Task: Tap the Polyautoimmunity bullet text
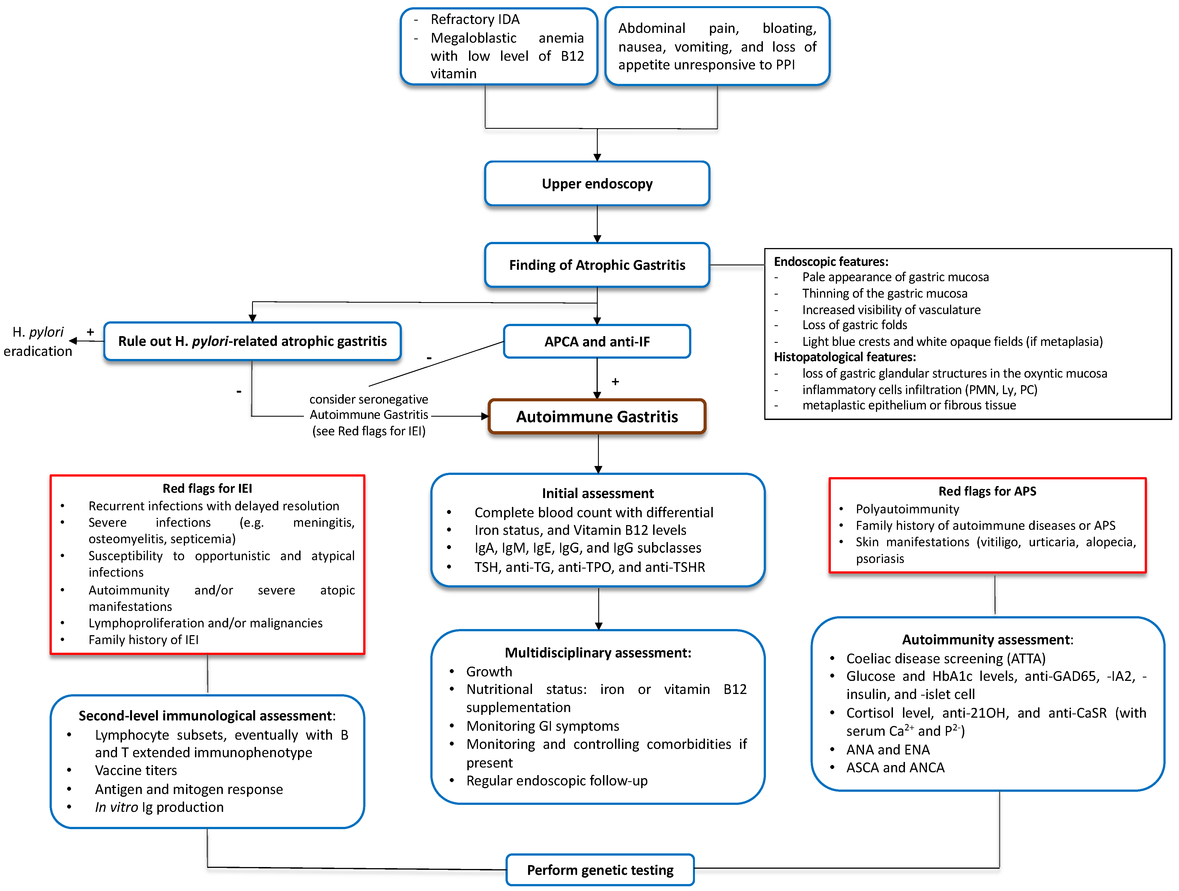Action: tap(907, 509)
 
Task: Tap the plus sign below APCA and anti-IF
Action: tap(615, 382)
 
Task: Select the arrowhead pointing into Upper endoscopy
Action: tap(597, 157)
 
